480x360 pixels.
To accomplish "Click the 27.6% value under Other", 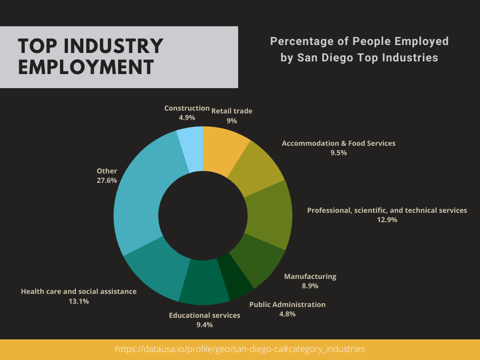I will coord(107,180).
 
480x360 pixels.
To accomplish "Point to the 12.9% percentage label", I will coord(387,219).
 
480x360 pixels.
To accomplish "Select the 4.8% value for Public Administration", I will coord(287,314).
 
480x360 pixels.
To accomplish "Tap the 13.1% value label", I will coord(79,301).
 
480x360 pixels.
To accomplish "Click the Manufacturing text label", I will coord(310,277).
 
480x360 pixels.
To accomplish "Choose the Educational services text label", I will coord(204,315).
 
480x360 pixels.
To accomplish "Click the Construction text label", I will coord(187,108).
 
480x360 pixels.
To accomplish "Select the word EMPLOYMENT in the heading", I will coord(86,67).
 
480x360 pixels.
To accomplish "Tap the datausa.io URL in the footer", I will coord(240,349).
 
